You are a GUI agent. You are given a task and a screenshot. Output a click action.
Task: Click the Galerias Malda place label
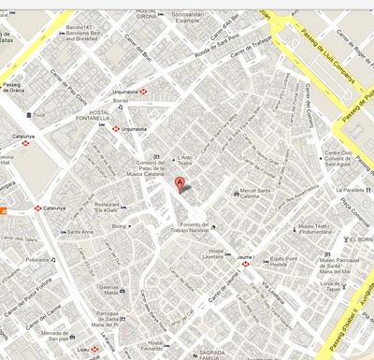point(111,290)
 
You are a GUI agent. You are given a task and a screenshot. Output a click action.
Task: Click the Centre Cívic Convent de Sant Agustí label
point(340,159)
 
